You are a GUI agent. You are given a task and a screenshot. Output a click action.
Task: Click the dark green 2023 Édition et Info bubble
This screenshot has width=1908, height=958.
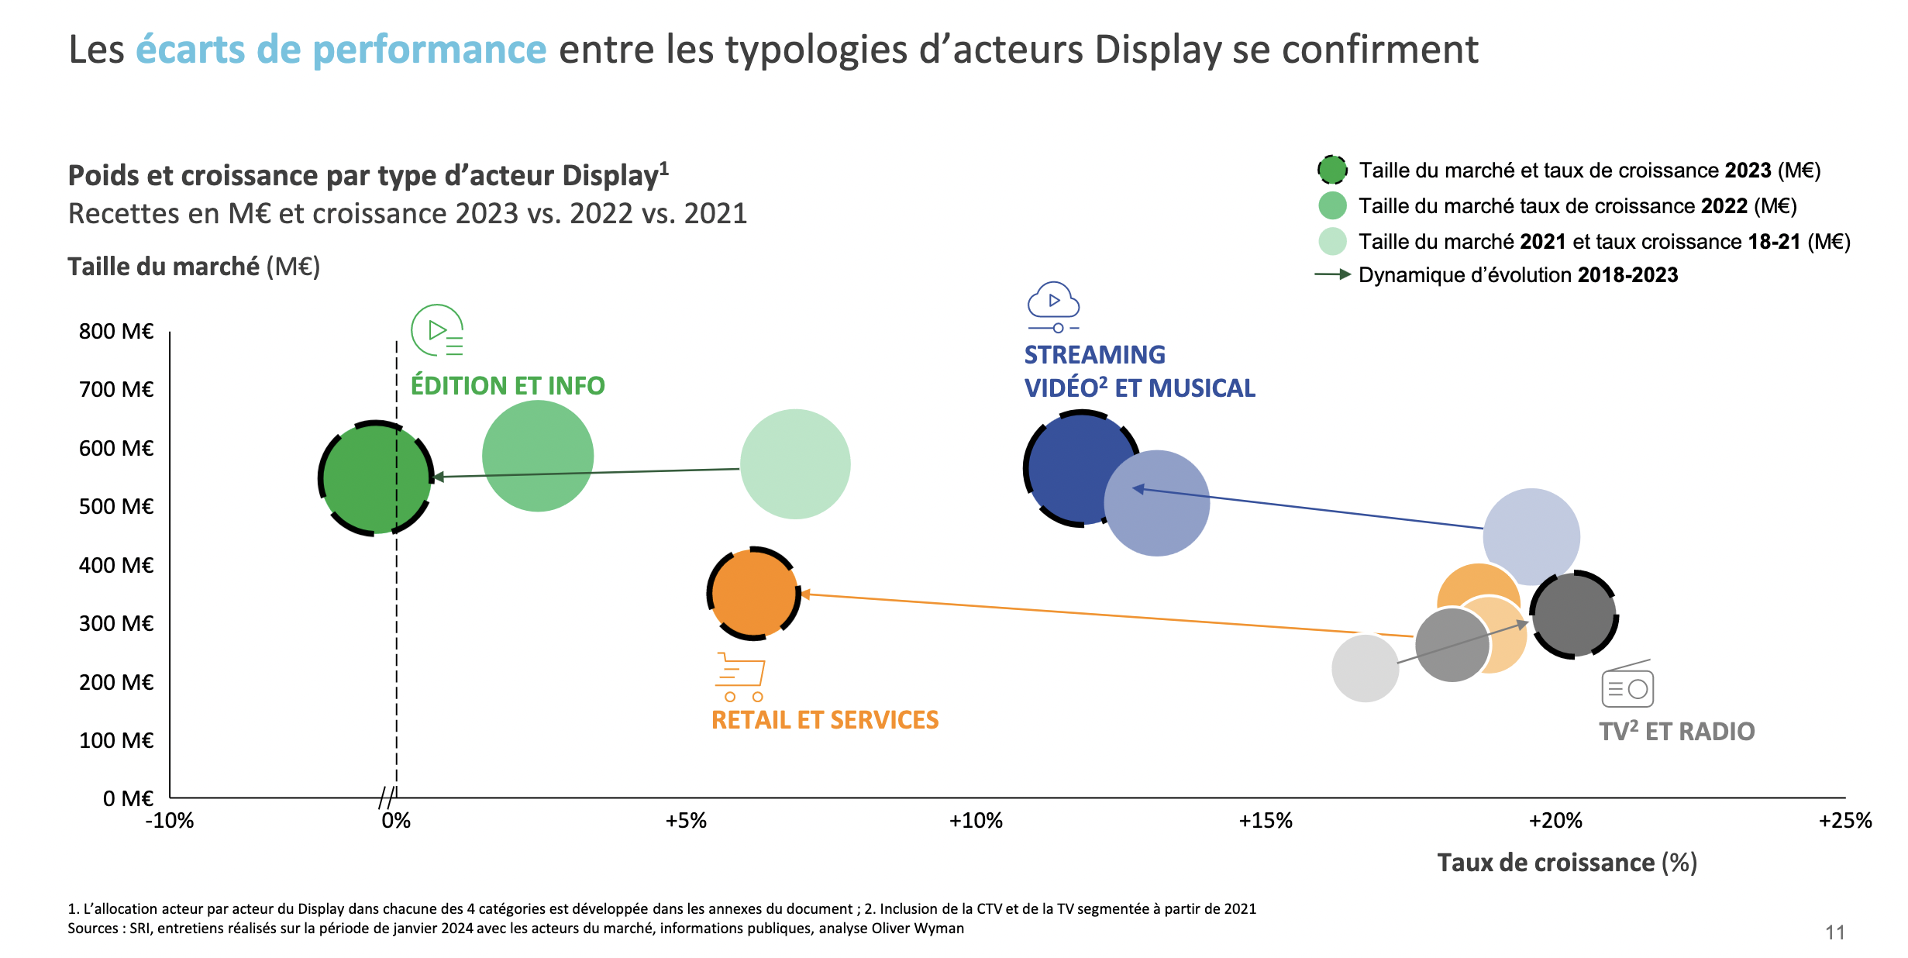pos(376,478)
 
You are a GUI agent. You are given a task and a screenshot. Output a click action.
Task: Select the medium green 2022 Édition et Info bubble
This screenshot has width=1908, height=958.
pos(538,456)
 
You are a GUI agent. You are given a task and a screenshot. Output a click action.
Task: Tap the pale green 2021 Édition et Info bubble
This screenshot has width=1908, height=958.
pos(795,463)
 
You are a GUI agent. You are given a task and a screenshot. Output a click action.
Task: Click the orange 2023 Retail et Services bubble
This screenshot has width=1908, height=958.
pos(753,594)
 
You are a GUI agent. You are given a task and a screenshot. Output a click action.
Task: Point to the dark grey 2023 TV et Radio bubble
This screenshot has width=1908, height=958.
pos(1574,615)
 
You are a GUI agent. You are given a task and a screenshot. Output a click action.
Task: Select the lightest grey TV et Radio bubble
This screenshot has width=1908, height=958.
pos(1365,668)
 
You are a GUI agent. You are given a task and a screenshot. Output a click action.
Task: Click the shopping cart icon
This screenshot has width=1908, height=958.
pos(740,677)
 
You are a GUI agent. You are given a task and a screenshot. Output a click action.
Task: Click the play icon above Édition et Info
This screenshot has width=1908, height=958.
pos(438,330)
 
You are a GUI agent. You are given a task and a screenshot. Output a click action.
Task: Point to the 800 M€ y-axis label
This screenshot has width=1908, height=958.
pos(116,332)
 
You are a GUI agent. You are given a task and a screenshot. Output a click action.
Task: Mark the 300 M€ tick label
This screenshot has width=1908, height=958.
pos(116,624)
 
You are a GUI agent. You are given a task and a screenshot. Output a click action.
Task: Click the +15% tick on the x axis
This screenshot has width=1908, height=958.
pos(1266,821)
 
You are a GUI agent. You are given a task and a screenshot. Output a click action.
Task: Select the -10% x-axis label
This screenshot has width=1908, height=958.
pos(170,821)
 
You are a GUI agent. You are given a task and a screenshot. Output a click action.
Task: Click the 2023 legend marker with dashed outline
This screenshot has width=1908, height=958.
pos(1332,170)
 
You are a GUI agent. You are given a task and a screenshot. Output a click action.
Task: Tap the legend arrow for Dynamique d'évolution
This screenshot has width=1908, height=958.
pos(1333,275)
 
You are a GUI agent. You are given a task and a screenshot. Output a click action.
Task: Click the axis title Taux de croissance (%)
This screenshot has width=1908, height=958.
pos(1567,863)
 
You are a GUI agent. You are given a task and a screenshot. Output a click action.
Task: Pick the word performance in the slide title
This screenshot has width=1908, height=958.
pos(429,50)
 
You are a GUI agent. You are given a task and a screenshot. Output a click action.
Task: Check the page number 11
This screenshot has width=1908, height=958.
pos(1835,932)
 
